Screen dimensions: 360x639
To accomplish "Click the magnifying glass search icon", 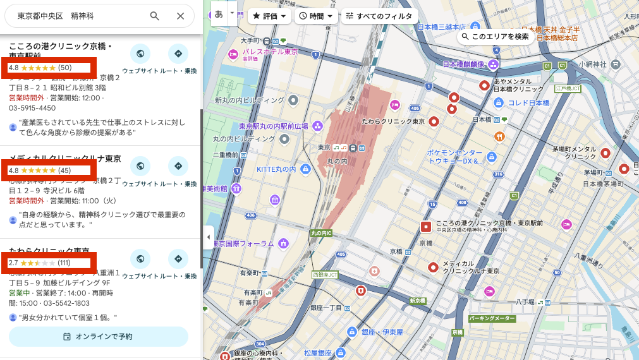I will tap(155, 16).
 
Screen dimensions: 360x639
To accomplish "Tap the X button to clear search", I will tap(180, 16).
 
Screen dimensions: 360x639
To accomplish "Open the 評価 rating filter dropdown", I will tap(269, 16).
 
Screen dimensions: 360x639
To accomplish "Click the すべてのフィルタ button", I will tap(379, 16).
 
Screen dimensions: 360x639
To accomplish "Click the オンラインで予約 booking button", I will tap(99, 337).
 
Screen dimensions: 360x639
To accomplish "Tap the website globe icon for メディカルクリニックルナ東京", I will tap(140, 167).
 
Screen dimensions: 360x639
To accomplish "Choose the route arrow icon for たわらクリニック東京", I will tap(178, 259).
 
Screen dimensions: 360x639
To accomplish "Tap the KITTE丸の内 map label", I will tap(277, 169).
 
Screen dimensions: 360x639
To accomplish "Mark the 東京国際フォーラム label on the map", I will tap(246, 243).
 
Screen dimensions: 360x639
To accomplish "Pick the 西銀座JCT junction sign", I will tap(325, 275).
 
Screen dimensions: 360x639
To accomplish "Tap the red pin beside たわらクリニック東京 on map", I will tap(434, 121).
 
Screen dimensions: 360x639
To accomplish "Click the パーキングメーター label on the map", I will tap(492, 319).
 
